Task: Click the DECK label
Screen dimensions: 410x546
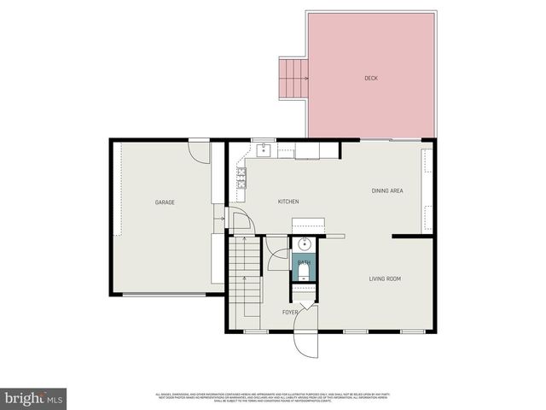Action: point(370,78)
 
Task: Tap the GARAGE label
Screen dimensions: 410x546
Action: point(165,202)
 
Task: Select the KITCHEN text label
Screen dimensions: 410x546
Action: point(288,202)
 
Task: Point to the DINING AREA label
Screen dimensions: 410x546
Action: point(387,190)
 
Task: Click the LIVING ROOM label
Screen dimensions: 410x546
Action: point(385,278)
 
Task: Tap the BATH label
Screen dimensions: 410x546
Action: point(304,261)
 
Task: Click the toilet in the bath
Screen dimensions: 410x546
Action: point(305,273)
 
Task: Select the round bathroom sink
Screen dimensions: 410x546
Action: point(305,243)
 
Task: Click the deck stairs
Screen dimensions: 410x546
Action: point(293,79)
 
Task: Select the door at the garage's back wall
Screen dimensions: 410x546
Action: point(199,152)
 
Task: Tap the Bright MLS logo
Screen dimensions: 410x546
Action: point(33,398)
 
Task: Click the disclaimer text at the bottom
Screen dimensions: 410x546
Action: point(273,397)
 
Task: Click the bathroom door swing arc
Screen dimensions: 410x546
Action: point(277,256)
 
